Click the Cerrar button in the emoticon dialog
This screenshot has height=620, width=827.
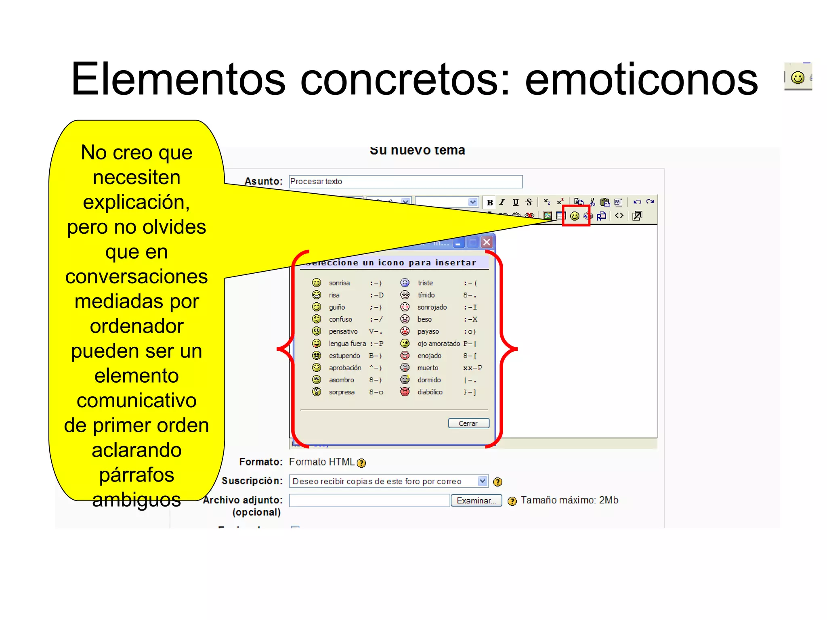point(468,423)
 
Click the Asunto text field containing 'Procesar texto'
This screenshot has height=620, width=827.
point(405,182)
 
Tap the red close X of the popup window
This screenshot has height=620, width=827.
point(487,242)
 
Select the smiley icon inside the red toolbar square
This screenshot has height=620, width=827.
point(575,216)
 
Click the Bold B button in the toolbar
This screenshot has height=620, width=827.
point(490,202)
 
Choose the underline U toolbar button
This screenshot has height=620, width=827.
point(516,202)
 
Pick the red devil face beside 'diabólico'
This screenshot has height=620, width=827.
point(405,392)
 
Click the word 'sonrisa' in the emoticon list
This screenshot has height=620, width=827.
point(339,283)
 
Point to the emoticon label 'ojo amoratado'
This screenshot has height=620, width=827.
point(439,344)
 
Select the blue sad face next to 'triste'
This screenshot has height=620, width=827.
point(405,283)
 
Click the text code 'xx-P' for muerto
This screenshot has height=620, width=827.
point(472,368)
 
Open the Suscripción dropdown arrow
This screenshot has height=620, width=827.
point(482,481)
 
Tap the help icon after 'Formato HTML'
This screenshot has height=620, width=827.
point(361,463)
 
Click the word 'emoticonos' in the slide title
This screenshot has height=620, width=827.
point(641,80)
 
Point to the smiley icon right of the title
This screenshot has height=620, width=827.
point(798,77)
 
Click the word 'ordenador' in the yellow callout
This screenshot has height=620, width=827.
point(136,326)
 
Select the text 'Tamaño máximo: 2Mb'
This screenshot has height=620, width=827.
point(569,500)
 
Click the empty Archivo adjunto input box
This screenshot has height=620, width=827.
point(369,501)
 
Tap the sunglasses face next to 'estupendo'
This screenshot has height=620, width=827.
point(317,356)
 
